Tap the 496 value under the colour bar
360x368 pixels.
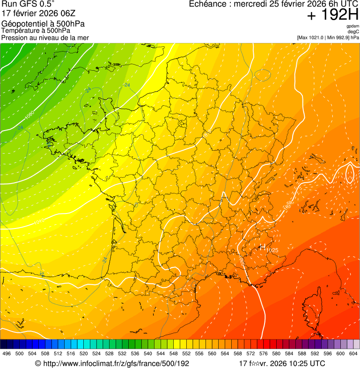[x=7, y=354]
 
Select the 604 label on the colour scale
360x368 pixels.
[x=353, y=354]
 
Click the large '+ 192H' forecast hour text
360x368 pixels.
[x=332, y=15]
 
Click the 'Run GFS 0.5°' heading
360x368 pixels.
[x=28, y=5]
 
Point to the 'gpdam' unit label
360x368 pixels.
[x=353, y=26]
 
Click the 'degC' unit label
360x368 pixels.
[x=353, y=32]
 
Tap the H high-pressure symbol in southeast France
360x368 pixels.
[x=263, y=246]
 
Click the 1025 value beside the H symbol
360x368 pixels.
[x=272, y=250]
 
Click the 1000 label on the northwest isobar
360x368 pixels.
[x=29, y=115]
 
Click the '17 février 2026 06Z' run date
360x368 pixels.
[x=39, y=13]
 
